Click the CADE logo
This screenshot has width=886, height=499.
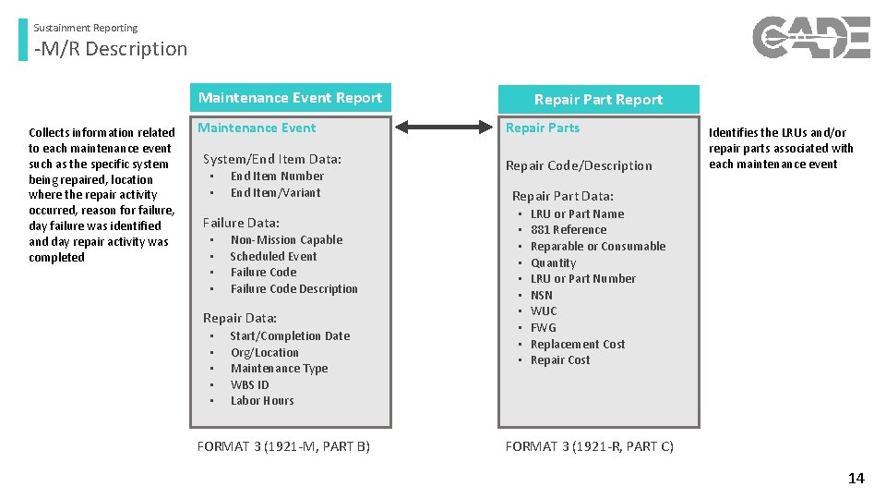(810, 38)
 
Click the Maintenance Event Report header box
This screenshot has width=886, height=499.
(290, 98)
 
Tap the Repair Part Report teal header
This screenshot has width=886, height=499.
(598, 100)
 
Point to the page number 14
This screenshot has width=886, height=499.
(856, 478)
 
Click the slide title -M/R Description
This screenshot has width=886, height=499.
(111, 49)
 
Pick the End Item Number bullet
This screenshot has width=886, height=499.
(277, 176)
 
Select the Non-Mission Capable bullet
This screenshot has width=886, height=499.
(286, 240)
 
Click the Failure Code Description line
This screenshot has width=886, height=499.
(293, 289)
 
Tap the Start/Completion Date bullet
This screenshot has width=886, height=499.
(290, 336)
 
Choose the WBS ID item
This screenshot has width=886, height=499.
(249, 384)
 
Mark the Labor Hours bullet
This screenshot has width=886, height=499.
(262, 401)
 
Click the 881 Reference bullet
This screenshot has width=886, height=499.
(569, 230)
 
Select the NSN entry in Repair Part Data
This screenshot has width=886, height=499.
(542, 296)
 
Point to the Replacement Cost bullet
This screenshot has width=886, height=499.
(578, 345)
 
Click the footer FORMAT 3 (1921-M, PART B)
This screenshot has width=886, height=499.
(283, 446)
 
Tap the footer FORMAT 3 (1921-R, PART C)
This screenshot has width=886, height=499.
(589, 446)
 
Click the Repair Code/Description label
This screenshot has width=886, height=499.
(579, 166)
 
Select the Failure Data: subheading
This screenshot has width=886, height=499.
(241, 223)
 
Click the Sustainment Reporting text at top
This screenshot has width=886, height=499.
(86, 28)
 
